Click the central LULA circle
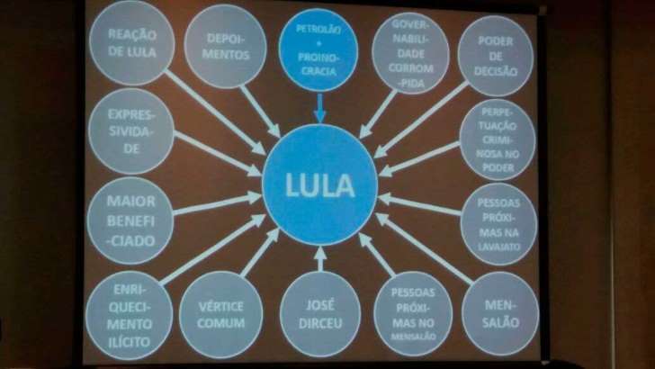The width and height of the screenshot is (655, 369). click(x=319, y=187)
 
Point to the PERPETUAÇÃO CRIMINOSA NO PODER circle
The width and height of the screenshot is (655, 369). click(x=498, y=139)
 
